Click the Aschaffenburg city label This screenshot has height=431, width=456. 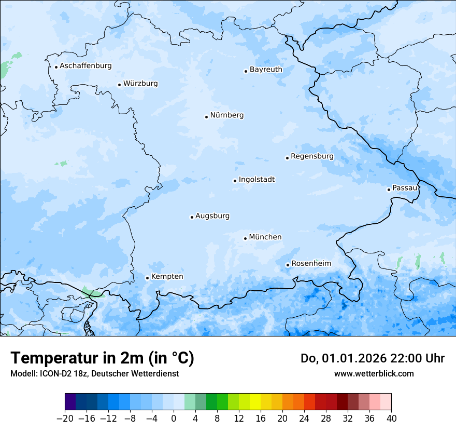[x=85, y=66]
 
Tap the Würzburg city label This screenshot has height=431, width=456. [x=140, y=84]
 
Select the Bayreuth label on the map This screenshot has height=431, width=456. [x=266, y=70]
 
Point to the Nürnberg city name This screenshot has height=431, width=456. [x=226, y=115]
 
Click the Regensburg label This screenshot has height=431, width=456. [x=312, y=156]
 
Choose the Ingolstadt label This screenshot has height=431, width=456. [x=256, y=180]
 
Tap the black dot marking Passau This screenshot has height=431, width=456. [x=389, y=190]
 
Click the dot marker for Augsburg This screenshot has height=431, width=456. [x=192, y=217]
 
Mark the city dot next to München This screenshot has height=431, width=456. [x=245, y=238]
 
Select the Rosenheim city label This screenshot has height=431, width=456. [x=311, y=264]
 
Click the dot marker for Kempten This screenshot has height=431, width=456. [x=147, y=278]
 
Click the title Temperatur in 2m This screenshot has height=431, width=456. [x=102, y=358]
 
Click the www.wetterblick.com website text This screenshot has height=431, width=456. [x=374, y=373]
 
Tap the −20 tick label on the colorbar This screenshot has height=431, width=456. [x=65, y=419]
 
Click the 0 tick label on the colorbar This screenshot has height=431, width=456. [x=174, y=419]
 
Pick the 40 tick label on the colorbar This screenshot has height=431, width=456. [x=391, y=419]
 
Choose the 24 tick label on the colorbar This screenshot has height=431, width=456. [x=304, y=419]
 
